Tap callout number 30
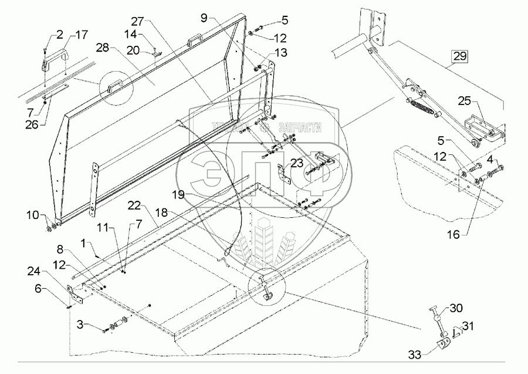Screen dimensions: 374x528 [x=456, y=308]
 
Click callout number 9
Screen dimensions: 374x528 [x=204, y=18]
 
